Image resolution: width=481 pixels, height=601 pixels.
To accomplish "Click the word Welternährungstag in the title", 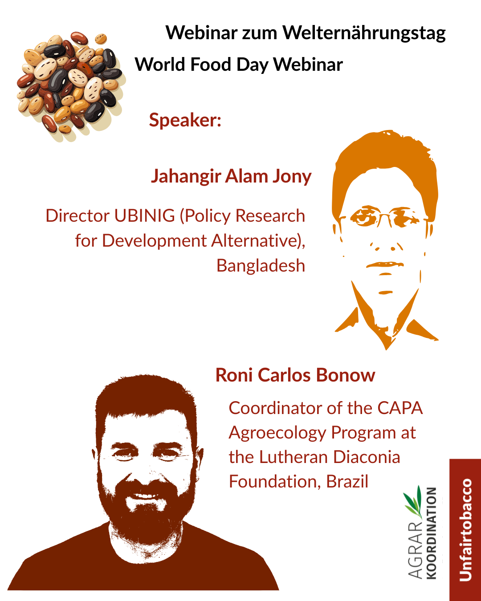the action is (x=364, y=33).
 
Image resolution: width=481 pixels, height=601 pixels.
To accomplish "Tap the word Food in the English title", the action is (x=211, y=65).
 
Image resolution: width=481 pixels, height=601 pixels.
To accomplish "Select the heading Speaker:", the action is (x=185, y=120).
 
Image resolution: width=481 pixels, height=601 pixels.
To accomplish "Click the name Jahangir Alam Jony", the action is (x=231, y=177).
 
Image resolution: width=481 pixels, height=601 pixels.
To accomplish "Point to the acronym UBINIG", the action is (x=145, y=215).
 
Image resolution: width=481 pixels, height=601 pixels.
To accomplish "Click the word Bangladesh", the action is (x=261, y=265).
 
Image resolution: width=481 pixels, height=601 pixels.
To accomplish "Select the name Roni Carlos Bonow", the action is (x=295, y=375).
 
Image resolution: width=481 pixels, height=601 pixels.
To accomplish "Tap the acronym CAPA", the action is (x=400, y=408).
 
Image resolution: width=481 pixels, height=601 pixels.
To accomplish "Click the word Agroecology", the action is (x=277, y=434).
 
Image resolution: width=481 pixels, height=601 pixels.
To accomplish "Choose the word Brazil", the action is (x=347, y=482).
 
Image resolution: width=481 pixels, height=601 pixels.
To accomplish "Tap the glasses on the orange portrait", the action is (x=384, y=216).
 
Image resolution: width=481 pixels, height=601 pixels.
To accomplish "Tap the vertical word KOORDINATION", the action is (x=431, y=533).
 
